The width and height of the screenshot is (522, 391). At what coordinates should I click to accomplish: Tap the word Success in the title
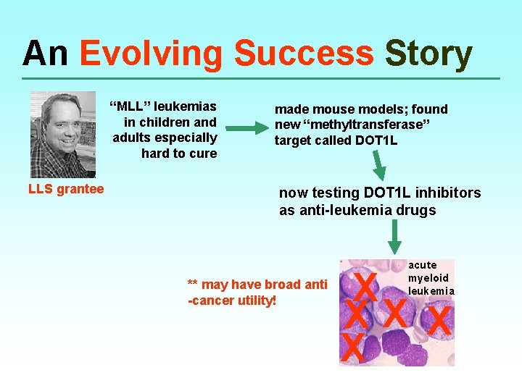pos(304,54)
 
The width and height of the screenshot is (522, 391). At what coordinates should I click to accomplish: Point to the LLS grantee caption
pos(66,189)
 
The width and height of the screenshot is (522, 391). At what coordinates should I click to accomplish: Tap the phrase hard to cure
pos(179,153)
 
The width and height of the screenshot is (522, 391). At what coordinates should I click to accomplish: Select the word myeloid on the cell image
pos(428,278)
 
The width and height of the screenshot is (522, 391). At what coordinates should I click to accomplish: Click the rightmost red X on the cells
pos(439,320)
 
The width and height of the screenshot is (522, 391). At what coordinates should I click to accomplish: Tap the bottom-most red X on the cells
pos(352,348)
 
